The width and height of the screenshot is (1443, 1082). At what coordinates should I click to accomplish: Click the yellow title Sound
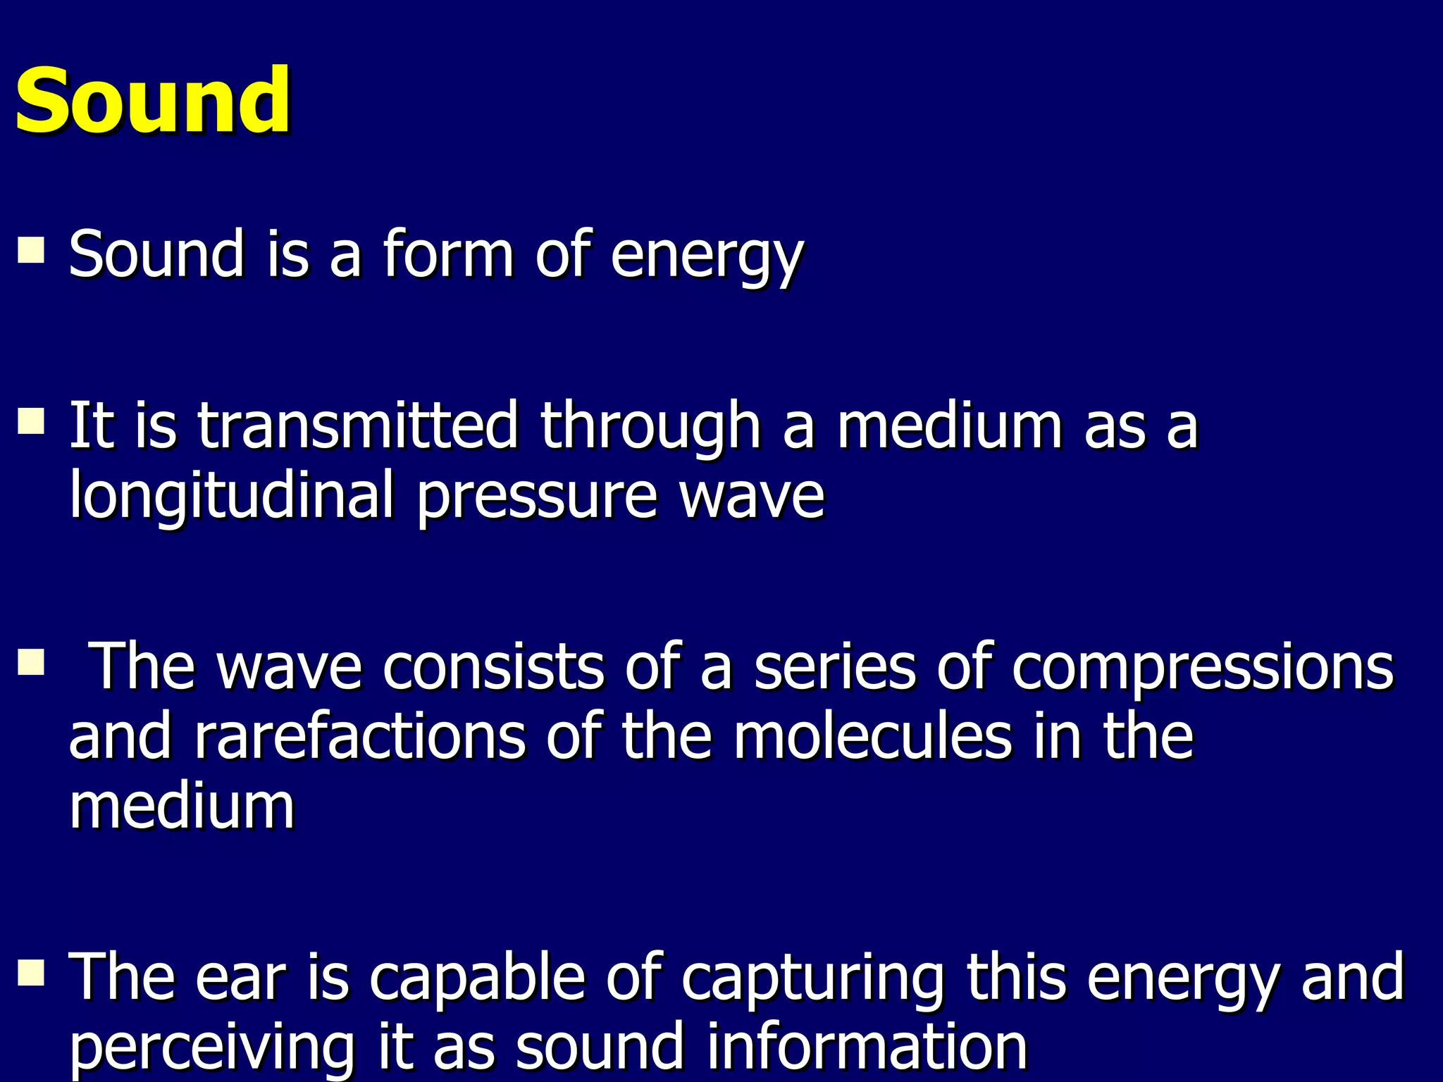tap(152, 101)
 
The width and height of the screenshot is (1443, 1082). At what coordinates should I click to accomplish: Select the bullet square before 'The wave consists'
tap(31, 662)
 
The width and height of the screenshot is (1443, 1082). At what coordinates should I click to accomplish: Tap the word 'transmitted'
tap(357, 425)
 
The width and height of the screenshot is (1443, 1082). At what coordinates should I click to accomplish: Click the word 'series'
tap(835, 666)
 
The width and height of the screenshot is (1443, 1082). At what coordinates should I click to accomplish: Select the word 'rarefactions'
tap(359, 737)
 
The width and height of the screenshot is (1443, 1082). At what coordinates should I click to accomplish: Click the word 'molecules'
tap(872, 737)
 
